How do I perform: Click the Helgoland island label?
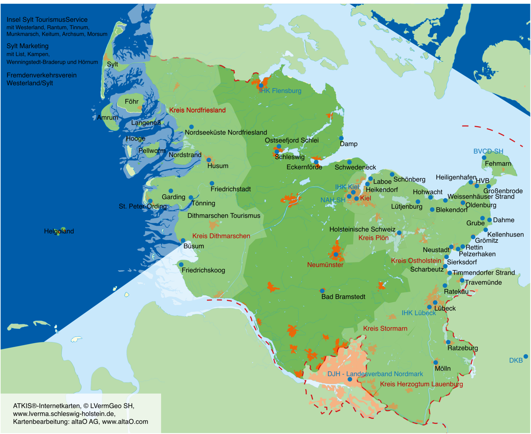pos(59,231)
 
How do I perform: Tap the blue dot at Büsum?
pos(183,241)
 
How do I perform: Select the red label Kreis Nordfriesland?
pos(197,110)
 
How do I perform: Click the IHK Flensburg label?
pos(280,91)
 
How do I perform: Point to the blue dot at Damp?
pos(341,138)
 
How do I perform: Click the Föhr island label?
pos(131,101)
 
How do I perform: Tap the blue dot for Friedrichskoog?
pos(181,265)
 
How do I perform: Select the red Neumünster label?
pos(325,265)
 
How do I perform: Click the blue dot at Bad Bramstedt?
pos(322,291)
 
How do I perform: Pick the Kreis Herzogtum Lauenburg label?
pos(421,384)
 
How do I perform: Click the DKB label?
pos(516,360)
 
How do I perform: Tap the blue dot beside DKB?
pos(526,356)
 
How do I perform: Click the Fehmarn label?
pos(498,163)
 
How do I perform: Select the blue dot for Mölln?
pos(436,363)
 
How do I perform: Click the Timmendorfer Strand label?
pos(483,273)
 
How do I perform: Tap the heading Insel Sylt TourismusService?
pos(47,20)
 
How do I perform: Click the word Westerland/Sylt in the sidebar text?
pos(30,83)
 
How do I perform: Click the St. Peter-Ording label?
pos(143,206)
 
